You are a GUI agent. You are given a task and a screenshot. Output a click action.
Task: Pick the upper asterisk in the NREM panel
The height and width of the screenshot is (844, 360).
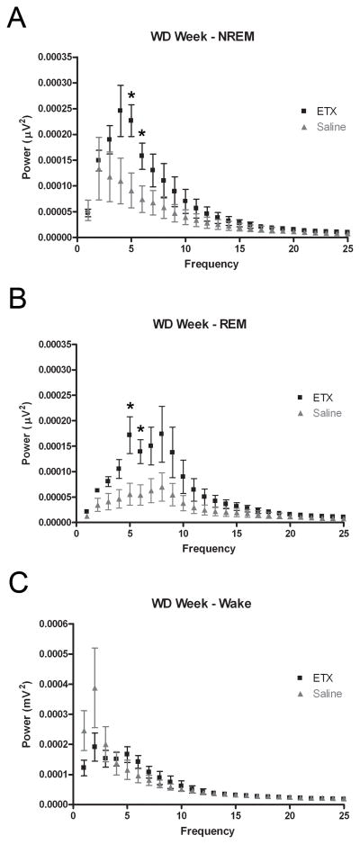[x=131, y=95]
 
